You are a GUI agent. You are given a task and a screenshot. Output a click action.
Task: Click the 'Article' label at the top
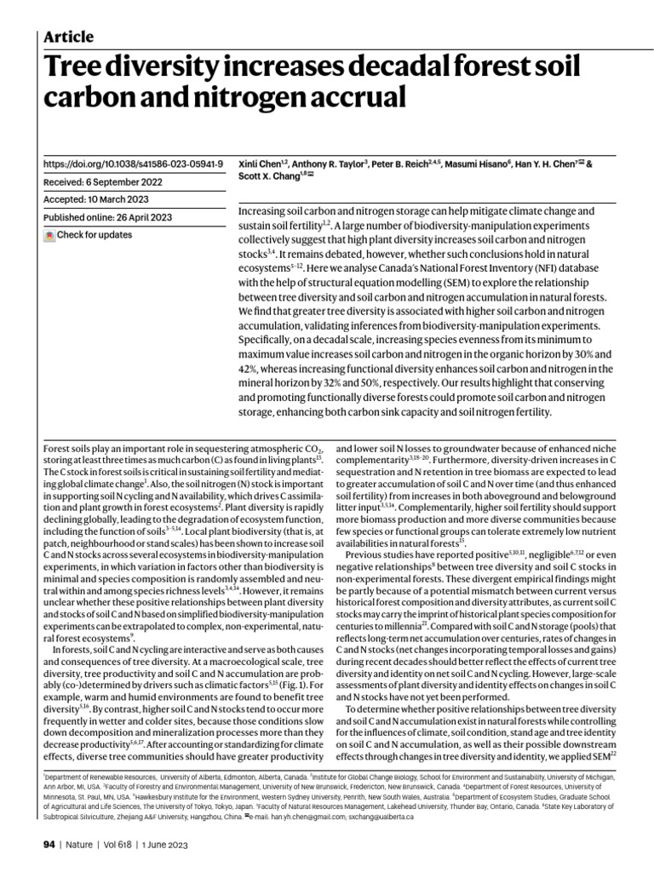click(x=67, y=37)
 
